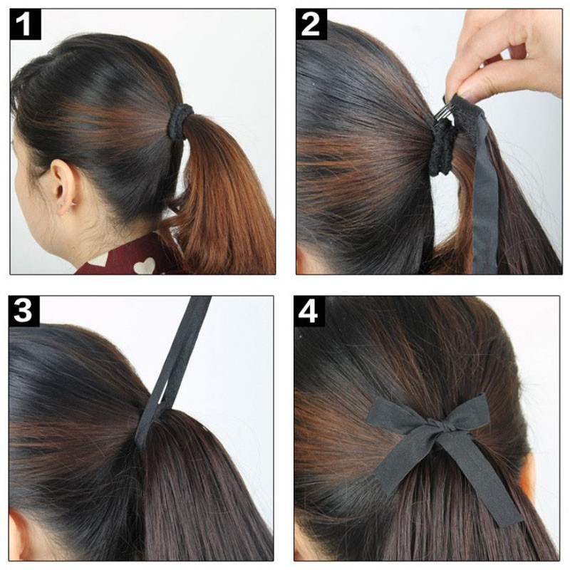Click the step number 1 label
coord(25,24)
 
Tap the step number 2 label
coord(311,24)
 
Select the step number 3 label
coord(24,311)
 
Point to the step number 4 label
coord(309,311)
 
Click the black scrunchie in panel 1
coord(180,122)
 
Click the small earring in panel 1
coord(73,204)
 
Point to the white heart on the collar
coord(145,266)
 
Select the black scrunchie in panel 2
coord(442,149)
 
